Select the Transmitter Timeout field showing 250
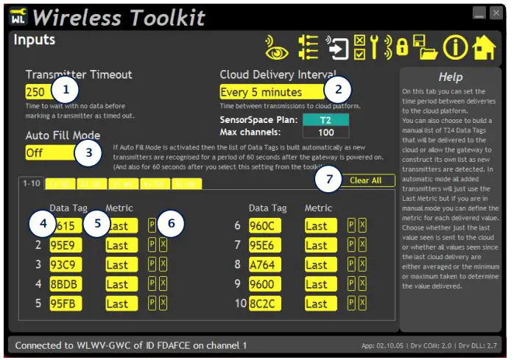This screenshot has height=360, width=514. (x=37, y=92)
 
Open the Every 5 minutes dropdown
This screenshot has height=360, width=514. (x=271, y=92)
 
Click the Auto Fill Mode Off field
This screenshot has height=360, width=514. (x=49, y=153)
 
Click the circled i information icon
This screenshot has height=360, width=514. (x=455, y=47)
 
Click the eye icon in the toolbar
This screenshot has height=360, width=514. (x=276, y=47)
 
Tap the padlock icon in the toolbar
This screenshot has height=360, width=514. (x=402, y=47)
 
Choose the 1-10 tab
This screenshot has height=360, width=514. (x=31, y=183)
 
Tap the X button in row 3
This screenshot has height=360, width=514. (x=163, y=264)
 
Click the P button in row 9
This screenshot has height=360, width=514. (x=351, y=284)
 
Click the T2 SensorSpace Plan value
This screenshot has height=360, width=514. (x=324, y=119)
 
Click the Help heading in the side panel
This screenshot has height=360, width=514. (x=450, y=77)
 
